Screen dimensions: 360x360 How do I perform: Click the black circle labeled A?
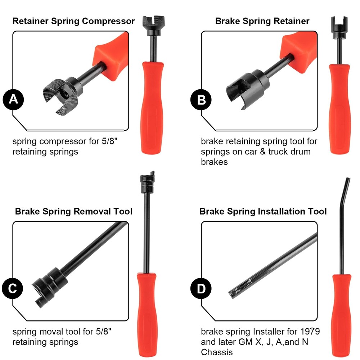pos(13,99)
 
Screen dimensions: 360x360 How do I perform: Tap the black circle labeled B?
pos(202,100)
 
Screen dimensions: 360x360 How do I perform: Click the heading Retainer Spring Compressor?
pos(73,21)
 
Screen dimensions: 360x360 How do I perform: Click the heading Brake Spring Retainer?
pos(262,21)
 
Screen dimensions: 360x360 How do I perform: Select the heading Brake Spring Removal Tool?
pos(73,211)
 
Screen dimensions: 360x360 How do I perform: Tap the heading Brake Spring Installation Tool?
pos(263,211)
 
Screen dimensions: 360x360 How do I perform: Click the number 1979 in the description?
pos(310,331)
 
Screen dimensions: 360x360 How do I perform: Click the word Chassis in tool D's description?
pos(216,352)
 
